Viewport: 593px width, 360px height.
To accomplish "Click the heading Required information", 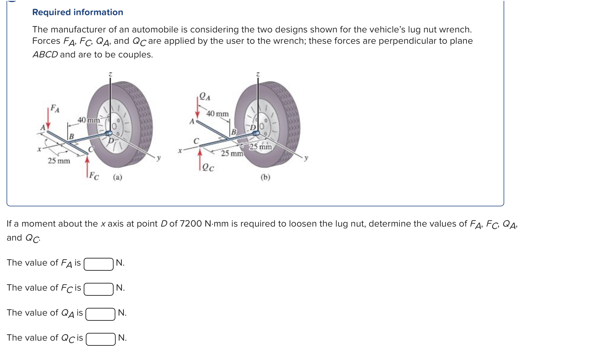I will pos(77,12).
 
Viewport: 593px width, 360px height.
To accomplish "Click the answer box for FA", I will pos(99,264).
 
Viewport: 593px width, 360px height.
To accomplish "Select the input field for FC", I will pos(99,289).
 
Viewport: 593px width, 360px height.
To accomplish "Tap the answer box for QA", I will pos(100,314).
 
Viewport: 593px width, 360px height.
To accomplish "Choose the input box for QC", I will pos(101,339).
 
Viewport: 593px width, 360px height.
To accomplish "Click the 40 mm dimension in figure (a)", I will pos(89,120).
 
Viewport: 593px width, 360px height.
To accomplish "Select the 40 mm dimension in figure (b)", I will pos(218,114).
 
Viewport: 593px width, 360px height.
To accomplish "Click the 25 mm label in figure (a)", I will pos(59,161).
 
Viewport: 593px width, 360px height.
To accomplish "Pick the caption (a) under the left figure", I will pos(117,177).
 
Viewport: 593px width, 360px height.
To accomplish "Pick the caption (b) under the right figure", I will pos(265,177).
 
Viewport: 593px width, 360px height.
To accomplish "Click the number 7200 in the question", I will pos(191,224).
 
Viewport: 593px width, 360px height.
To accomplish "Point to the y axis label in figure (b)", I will pos(306,158).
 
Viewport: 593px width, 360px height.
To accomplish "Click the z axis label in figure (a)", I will pos(110,74).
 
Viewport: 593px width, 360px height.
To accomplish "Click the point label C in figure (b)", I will pos(196,141).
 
